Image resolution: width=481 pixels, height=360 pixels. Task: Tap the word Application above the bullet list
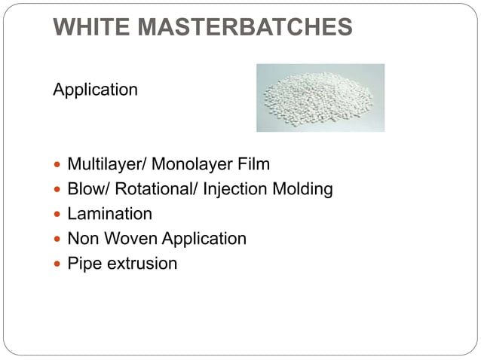point(95,90)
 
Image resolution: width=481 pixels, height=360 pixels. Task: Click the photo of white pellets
point(320,98)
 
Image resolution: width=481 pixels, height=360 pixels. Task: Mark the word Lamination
point(109,214)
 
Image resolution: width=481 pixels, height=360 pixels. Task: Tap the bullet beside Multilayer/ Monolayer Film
point(58,165)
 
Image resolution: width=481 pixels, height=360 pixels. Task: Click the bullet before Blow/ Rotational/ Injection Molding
point(58,190)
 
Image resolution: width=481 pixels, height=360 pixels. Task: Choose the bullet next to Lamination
point(58,215)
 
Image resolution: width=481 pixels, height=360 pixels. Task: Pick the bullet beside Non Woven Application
point(58,239)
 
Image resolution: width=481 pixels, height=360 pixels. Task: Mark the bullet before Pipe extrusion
point(58,264)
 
